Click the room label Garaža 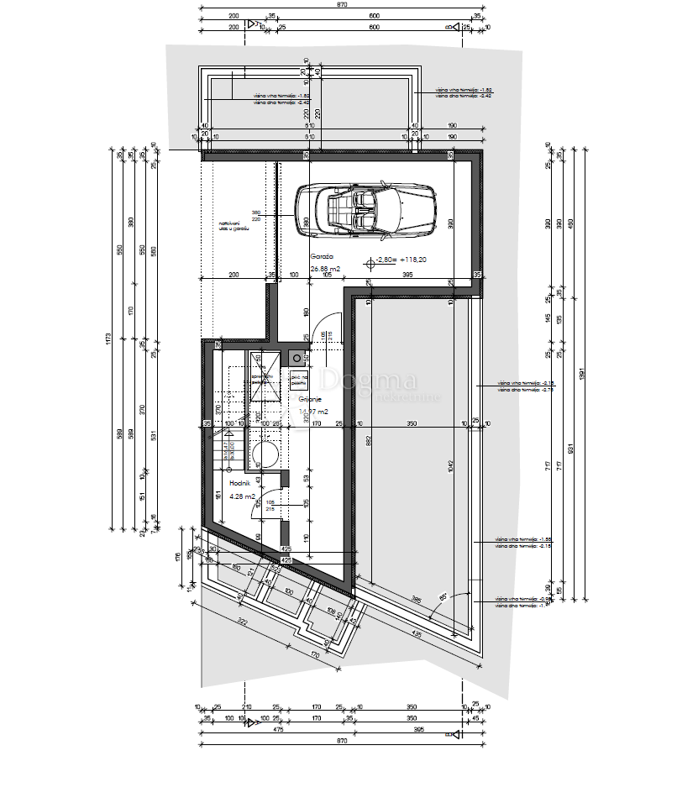pos(322,255)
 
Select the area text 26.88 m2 pos(325,269)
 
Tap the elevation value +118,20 pos(412,260)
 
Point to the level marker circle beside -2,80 pos(370,262)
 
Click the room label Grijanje pos(312,400)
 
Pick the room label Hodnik pos(240,485)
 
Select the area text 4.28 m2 pos(241,496)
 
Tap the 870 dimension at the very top pos(342,4)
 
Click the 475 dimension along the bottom pos(278,729)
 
